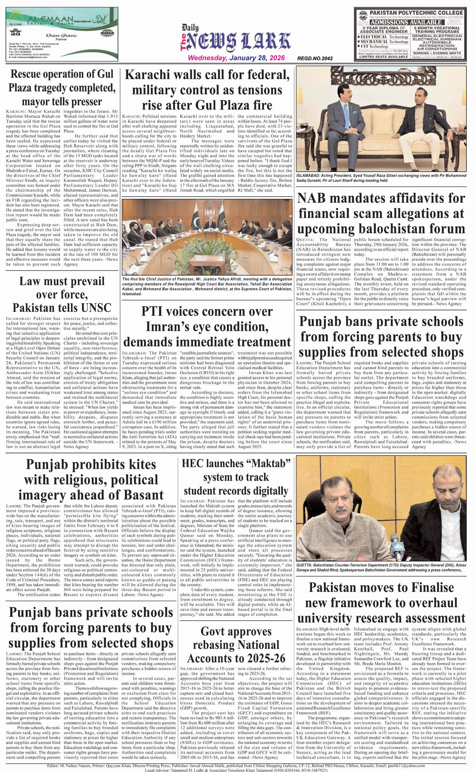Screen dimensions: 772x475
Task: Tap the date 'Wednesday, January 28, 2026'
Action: point(236,58)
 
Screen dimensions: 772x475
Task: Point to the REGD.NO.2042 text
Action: point(315,58)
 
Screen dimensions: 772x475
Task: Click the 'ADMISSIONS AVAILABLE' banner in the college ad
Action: point(406,22)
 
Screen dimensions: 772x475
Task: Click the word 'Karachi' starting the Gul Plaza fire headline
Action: point(146,75)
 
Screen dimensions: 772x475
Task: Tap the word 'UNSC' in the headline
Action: point(96,308)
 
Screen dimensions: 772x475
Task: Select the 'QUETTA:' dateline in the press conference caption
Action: point(304,565)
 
